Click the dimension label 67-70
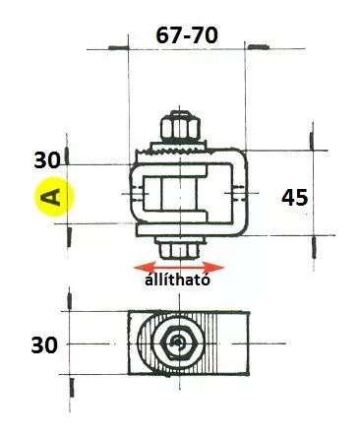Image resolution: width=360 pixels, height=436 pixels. pyautogui.click(x=187, y=35)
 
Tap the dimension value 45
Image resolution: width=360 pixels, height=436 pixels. pyautogui.click(x=295, y=197)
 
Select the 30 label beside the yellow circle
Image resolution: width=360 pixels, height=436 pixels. pyautogui.click(x=47, y=160)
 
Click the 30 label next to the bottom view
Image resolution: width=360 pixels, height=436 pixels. pyautogui.click(x=44, y=345)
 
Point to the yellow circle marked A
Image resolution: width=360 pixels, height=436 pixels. pyautogui.click(x=54, y=197)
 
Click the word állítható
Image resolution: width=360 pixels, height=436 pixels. pyautogui.click(x=177, y=280)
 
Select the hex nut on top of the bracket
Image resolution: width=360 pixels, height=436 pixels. pyautogui.click(x=180, y=127)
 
